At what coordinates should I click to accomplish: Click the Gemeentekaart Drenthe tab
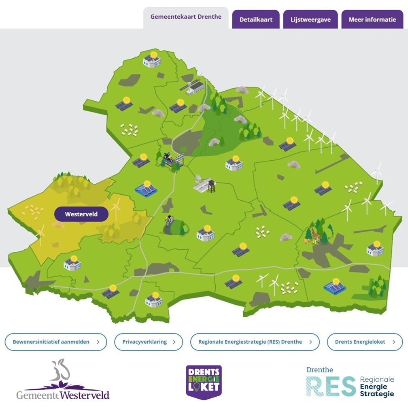coord(186,17)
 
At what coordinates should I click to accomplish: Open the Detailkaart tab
coord(256,19)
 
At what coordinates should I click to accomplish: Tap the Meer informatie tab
coord(372,19)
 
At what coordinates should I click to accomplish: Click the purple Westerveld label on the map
coord(81,214)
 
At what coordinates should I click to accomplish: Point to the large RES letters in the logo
coord(331,386)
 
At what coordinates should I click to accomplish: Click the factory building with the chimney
coord(195,87)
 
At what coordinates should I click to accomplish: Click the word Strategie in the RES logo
coord(376,393)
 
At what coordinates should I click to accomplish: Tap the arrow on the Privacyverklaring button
coord(174,342)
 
